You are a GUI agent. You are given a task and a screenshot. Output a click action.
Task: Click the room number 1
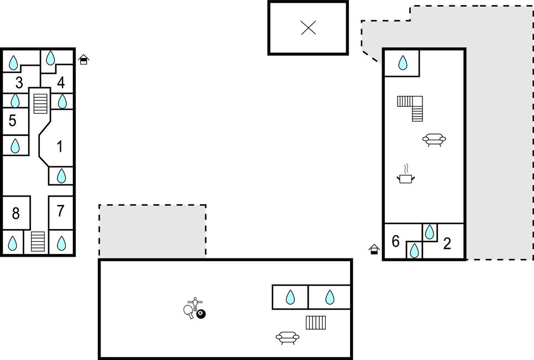pos(60,146)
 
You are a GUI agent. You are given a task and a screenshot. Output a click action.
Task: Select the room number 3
pos(19,82)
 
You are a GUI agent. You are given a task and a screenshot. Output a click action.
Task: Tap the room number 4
pos(61,82)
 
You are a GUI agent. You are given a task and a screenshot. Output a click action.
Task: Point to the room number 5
pos(12,120)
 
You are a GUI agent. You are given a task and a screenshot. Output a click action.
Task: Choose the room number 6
pos(395,241)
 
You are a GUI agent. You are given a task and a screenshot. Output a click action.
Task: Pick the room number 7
pos(61,211)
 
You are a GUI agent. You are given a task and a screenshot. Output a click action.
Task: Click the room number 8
pos(15,213)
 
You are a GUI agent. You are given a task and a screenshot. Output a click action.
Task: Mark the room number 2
pos(447,243)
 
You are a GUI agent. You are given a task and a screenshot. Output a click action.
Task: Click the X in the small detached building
pos(308,28)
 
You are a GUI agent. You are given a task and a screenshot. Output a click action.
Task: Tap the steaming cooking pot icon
pos(406,174)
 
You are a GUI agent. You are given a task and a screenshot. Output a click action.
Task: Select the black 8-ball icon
pos(201,314)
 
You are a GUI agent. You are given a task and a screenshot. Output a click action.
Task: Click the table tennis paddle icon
pos(189,311)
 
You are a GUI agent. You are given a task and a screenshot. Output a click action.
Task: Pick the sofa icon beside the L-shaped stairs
pos(434,140)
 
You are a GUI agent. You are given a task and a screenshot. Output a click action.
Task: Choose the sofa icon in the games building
pos(288,338)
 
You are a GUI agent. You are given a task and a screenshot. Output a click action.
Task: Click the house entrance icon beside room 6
pos(374,250)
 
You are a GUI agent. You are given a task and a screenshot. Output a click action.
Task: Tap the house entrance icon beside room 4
pos(83,60)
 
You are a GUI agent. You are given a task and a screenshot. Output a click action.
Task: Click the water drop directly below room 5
pos(15,146)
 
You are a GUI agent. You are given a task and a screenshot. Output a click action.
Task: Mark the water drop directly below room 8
pos(12,243)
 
